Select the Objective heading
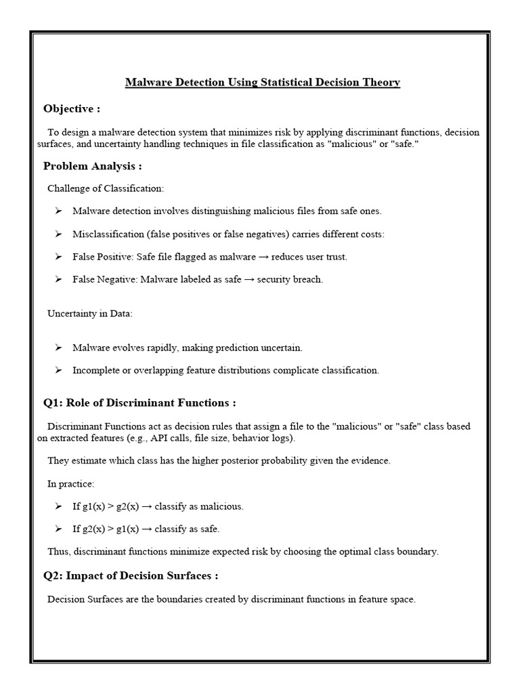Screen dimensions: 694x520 click(72, 109)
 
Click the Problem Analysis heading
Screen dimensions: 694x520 click(93, 166)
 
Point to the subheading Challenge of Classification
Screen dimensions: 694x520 click(106, 188)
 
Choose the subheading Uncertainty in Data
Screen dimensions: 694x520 click(90, 313)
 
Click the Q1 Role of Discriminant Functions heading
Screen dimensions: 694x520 click(139, 403)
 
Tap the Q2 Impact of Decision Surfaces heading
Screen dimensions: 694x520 click(131, 575)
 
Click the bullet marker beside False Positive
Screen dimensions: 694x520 click(59, 257)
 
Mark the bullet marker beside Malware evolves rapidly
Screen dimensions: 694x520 click(59, 348)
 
